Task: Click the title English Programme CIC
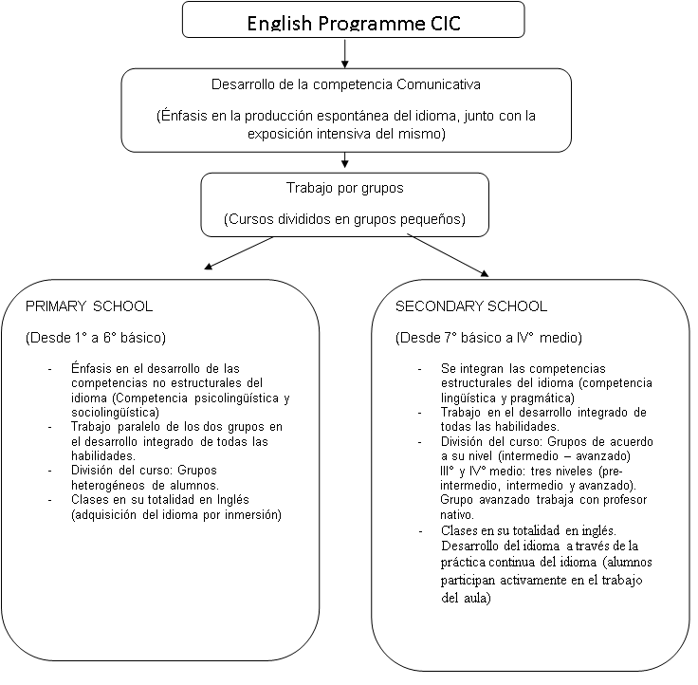(x=354, y=23)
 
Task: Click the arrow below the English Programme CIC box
(x=344, y=54)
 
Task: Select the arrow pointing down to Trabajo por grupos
(x=344, y=160)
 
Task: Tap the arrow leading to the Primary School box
(x=239, y=253)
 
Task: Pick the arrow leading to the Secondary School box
(x=449, y=255)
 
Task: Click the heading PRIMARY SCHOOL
(x=89, y=306)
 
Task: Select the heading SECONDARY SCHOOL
(x=471, y=306)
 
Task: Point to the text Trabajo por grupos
(x=344, y=188)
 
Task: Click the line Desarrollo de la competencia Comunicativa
(x=346, y=84)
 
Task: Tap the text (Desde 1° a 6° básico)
(x=96, y=338)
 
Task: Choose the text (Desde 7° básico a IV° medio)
(x=488, y=338)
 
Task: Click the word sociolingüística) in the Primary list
(x=116, y=413)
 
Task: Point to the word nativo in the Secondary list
(x=457, y=515)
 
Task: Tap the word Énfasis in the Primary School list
(x=91, y=369)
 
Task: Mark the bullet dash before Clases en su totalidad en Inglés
(x=50, y=501)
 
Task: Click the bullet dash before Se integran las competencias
(x=420, y=369)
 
